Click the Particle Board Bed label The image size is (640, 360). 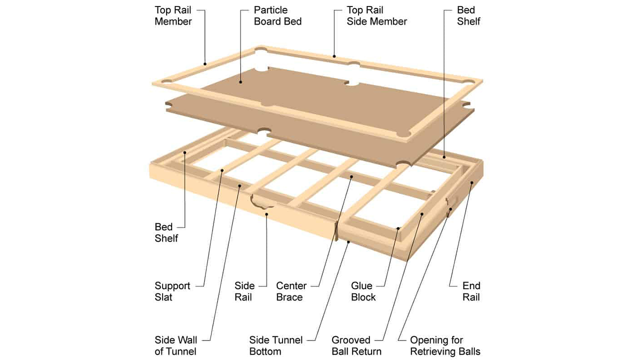[x=277, y=15]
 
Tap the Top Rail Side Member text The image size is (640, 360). [x=376, y=15]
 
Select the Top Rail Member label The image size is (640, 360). [x=173, y=15]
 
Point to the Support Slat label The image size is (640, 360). [x=172, y=291]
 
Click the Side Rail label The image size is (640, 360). [x=244, y=291]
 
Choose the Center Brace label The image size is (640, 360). [x=291, y=291]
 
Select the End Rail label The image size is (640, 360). [x=471, y=291]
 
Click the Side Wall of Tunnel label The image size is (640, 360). [x=175, y=345]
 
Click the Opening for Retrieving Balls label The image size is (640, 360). [x=445, y=345]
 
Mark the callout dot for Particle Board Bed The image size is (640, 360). [x=240, y=82]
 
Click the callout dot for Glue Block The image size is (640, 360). [x=398, y=228]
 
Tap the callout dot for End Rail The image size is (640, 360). [x=471, y=183]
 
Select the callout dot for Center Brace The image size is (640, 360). [x=351, y=176]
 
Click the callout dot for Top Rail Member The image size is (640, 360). [x=205, y=63]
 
